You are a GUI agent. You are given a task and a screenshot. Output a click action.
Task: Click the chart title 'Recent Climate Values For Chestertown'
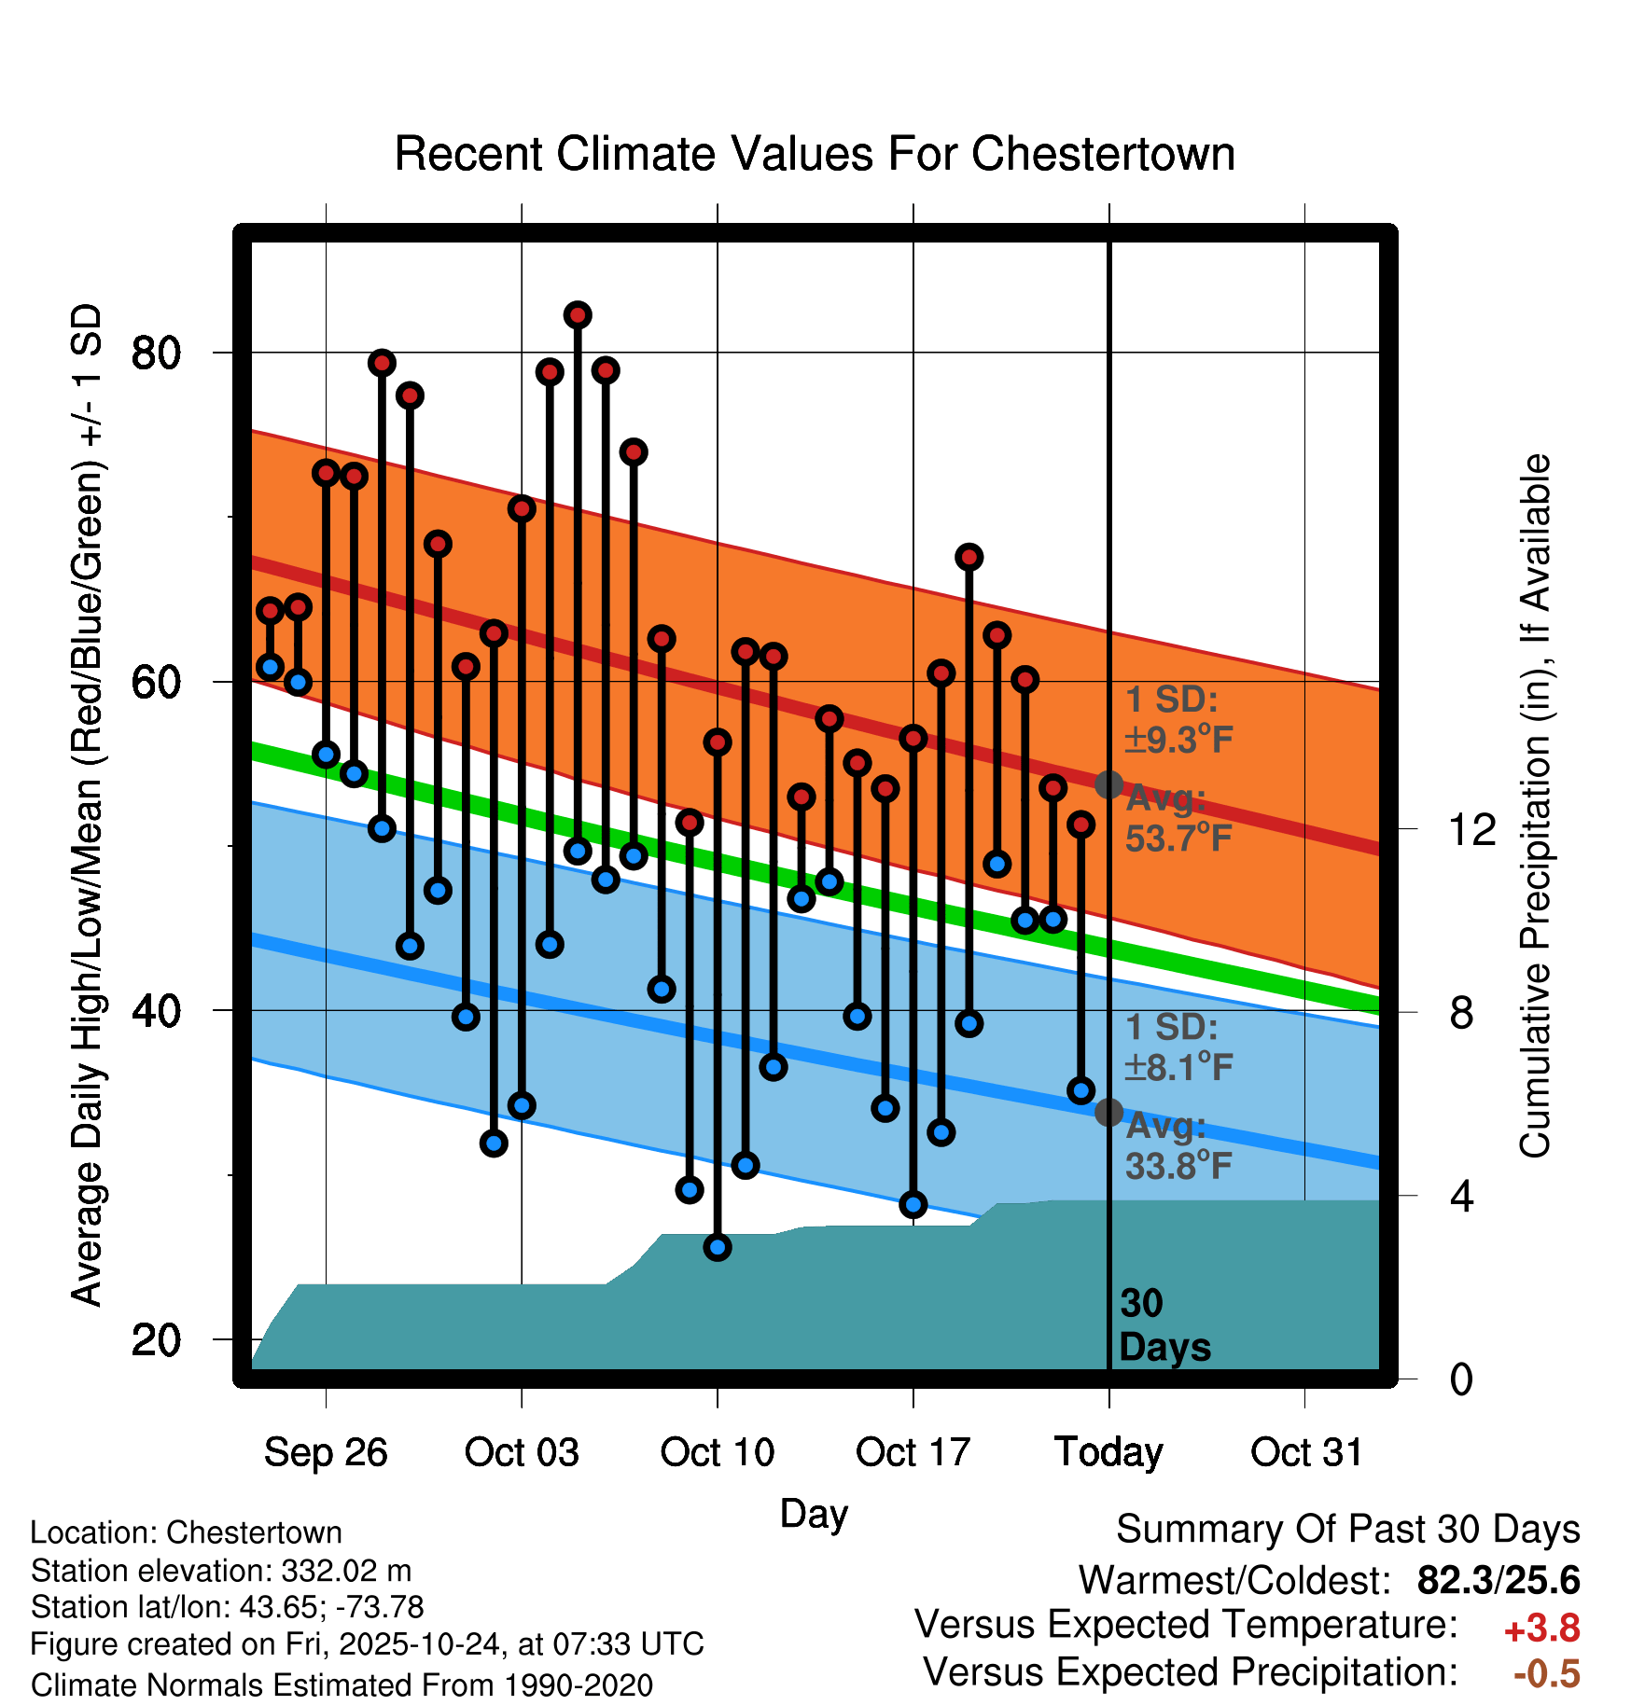click(x=815, y=154)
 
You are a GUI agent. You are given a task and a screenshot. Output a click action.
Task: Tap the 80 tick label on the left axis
click(x=157, y=353)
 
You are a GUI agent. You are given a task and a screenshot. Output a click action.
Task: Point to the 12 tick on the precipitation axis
click(x=1472, y=829)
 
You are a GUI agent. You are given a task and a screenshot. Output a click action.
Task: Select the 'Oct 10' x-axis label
click(x=717, y=1452)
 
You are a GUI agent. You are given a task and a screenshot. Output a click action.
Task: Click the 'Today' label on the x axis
click(x=1108, y=1452)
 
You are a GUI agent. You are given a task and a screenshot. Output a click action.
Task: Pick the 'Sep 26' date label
click(x=326, y=1452)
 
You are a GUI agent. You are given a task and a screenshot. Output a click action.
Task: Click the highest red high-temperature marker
click(x=578, y=315)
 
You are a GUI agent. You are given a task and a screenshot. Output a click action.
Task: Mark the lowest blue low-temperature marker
click(x=718, y=1247)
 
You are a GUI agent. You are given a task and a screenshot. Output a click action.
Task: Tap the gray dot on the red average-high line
click(x=1108, y=784)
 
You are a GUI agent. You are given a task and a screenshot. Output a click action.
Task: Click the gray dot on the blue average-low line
click(x=1108, y=1112)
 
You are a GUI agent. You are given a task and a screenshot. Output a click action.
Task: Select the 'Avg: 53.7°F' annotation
click(x=1178, y=819)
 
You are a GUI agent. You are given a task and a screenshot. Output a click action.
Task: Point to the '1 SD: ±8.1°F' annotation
click(x=1178, y=1047)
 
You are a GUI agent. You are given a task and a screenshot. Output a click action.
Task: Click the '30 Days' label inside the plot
click(x=1164, y=1325)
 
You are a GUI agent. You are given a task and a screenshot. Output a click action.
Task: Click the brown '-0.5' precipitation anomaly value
click(x=1546, y=1673)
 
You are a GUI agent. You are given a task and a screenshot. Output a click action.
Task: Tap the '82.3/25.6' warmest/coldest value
click(x=1498, y=1580)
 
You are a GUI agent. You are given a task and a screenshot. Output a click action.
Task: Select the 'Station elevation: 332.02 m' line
click(x=221, y=1571)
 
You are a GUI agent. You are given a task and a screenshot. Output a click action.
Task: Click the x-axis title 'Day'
click(x=814, y=1513)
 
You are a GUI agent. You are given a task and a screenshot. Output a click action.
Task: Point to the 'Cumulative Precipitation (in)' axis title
click(x=1536, y=806)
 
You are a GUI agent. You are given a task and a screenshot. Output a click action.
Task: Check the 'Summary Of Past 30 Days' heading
click(x=1347, y=1530)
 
